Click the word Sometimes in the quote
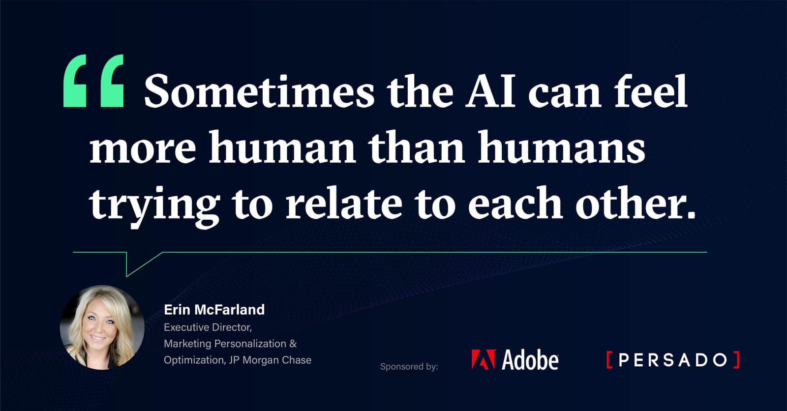coord(259,92)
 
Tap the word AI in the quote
coord(490,92)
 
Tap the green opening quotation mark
coord(93,81)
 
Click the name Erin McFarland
coord(214,309)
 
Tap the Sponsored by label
coord(409,366)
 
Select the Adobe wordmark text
coord(530,360)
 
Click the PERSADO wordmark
coord(672,360)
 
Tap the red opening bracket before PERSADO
coord(609,360)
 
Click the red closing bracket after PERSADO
coord(736,360)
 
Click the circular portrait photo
coord(102,327)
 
